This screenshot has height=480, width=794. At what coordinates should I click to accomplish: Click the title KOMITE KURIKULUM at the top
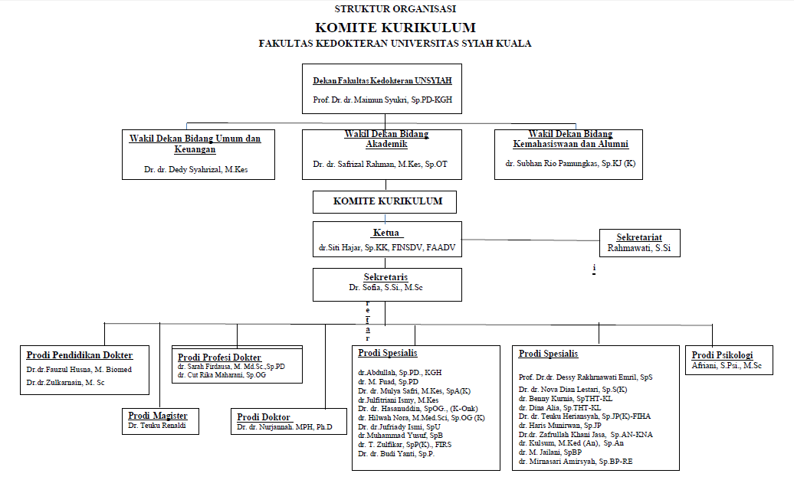point(395,28)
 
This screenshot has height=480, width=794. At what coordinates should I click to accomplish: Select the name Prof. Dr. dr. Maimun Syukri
point(387,100)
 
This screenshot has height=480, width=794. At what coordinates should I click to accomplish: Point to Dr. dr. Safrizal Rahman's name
point(379,164)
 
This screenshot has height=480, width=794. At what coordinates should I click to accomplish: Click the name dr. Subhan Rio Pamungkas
point(570,164)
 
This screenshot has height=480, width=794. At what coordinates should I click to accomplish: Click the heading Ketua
point(386,233)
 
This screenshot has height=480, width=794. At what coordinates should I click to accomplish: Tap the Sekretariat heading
point(639,237)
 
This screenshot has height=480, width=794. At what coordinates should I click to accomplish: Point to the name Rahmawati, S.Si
point(639,247)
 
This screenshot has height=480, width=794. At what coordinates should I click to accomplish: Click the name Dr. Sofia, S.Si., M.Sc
point(386,287)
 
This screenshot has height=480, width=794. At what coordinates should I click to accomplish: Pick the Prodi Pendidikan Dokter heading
point(80,355)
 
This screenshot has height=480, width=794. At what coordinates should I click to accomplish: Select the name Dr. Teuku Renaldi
point(157,425)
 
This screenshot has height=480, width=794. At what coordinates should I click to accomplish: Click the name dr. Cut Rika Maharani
point(221,375)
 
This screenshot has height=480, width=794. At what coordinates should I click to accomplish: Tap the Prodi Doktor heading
point(264,416)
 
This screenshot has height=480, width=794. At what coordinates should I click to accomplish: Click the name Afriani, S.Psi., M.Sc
point(727,366)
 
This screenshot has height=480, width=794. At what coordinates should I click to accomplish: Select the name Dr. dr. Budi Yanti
point(396,454)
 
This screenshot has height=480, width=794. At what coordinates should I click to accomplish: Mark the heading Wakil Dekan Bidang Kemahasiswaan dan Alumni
point(571,139)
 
